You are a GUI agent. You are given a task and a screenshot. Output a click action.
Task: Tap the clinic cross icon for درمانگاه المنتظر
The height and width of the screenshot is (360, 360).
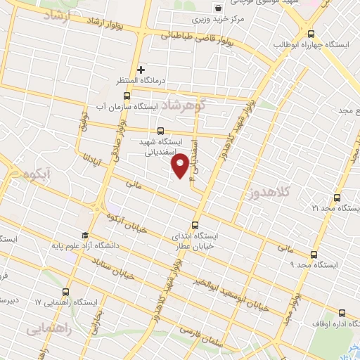[x=141, y=70]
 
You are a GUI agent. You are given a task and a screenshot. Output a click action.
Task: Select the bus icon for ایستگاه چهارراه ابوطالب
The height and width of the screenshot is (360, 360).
[x=311, y=34]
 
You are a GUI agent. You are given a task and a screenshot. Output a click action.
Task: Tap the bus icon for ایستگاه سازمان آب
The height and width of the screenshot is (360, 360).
[x=127, y=96]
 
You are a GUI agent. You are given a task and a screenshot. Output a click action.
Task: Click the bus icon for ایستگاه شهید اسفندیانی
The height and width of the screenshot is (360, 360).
[x=160, y=130]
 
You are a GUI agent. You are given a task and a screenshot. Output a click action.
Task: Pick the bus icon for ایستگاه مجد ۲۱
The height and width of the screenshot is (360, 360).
[x=337, y=198]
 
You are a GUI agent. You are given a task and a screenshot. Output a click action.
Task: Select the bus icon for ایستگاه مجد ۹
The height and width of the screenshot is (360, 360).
[x=314, y=254]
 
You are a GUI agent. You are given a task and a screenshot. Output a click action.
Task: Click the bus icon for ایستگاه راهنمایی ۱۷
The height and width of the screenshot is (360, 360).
[x=67, y=292]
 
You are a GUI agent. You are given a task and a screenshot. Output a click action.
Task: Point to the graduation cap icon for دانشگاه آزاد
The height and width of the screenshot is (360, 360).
[x=85, y=236]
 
